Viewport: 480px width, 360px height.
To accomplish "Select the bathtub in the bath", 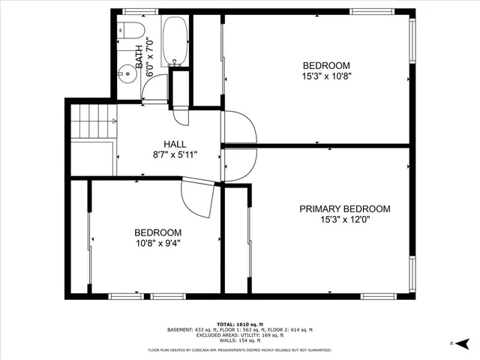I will click(175, 41).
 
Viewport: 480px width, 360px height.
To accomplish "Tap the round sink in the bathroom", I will click(127, 74).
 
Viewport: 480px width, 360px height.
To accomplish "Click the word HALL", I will click(175, 144).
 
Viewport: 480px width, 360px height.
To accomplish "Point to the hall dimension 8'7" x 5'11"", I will click(175, 155).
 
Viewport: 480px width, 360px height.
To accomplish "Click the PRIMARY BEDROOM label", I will click(344, 209).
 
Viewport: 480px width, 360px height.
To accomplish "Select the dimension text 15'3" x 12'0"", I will click(344, 220).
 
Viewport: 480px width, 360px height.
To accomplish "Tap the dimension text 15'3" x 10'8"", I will click(326, 76).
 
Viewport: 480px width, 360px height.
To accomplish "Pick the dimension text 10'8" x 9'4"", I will click(157, 243).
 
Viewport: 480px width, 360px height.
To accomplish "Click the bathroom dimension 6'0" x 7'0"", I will click(149, 58).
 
